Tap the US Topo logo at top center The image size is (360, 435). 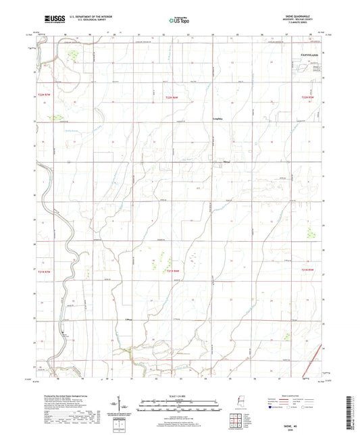[177, 21]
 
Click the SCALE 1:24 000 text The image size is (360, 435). [179, 395]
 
